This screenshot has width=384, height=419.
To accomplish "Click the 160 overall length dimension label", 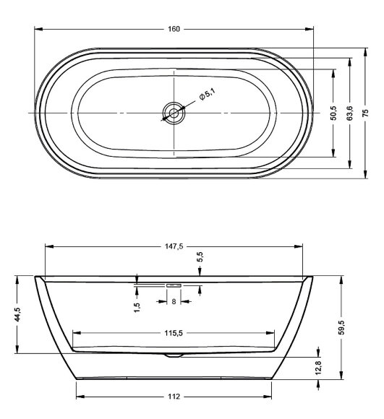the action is pos(174,29).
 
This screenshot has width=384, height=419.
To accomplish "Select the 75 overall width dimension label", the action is pos(365,113).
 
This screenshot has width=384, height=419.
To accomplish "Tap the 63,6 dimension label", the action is pos(350,113).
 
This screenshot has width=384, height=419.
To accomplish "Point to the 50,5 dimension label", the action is pos(333,113).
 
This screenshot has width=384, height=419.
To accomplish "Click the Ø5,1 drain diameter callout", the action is pos(207,95).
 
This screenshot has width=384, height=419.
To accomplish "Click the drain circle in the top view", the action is pos(174,113).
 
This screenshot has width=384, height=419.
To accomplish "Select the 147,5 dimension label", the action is pos(174,246).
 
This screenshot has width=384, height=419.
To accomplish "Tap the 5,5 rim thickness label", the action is pos(200,256).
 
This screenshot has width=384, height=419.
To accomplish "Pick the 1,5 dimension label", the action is pos(137,307).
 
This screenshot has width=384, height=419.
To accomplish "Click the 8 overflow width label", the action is pos(174,301).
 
